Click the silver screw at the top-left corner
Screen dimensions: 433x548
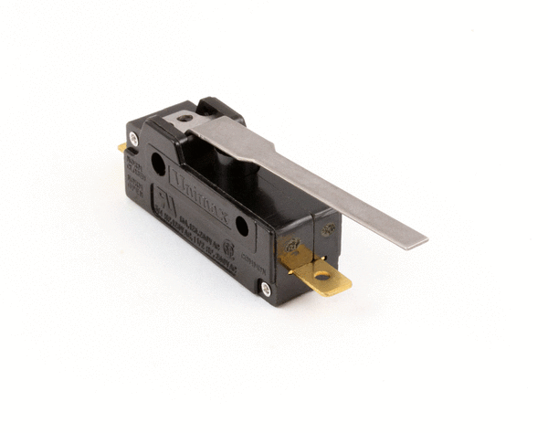pos(133,139)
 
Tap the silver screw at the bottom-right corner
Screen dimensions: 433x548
pos(265,289)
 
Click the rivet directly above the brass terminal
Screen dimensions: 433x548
pos(294,245)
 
